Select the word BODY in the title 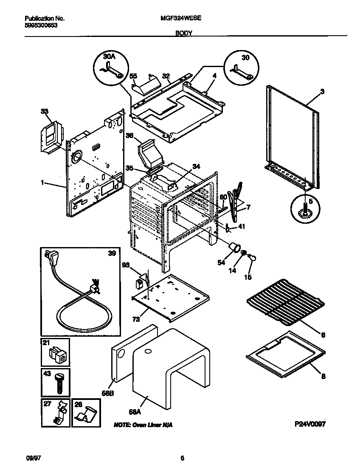point(184,33)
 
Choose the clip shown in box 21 point(58,354)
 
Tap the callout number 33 point(44,111)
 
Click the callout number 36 point(129,135)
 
